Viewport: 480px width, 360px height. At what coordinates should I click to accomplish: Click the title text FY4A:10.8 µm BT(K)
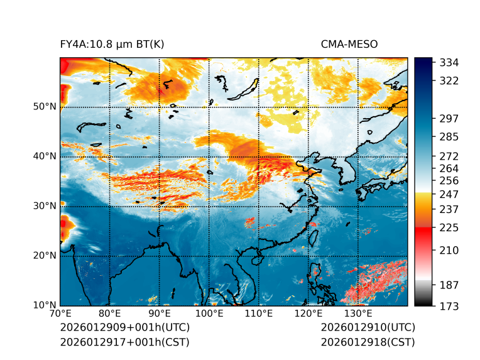[112, 44]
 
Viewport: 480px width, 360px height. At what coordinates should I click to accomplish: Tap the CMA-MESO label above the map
[349, 44]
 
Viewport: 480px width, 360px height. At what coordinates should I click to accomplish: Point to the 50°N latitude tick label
[45, 107]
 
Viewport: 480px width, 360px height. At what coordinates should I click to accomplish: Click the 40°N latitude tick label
[45, 156]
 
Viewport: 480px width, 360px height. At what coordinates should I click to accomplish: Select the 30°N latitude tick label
[45, 206]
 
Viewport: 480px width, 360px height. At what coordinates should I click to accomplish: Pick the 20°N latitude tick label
[45, 256]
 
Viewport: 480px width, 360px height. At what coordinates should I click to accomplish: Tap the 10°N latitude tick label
[45, 306]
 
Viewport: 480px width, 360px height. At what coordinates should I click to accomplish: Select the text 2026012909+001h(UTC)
[124, 328]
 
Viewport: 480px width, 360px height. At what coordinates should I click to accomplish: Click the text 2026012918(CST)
[368, 342]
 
